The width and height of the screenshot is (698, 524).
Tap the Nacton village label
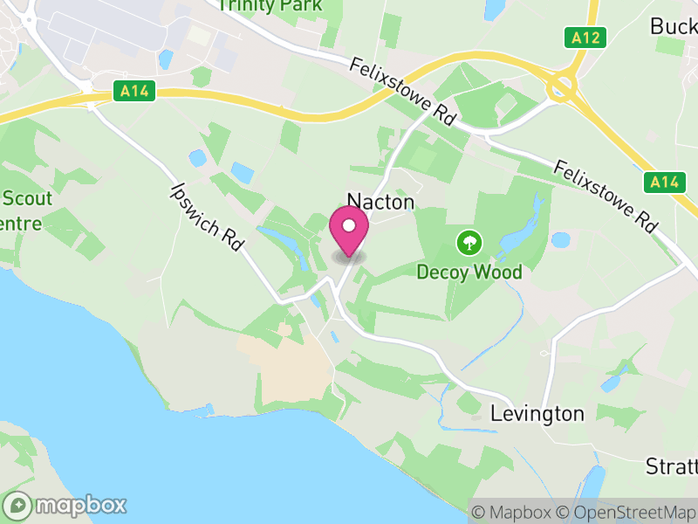[380, 202]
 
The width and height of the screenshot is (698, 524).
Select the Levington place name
[537, 413]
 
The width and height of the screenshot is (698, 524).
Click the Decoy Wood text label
[469, 272]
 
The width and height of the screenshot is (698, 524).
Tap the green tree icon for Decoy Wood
[469, 240]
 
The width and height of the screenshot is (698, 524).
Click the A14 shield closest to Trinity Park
[134, 90]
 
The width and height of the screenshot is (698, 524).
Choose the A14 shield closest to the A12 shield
[664, 182]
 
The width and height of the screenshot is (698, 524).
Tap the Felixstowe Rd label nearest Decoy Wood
[606, 196]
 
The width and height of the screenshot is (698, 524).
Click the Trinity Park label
[270, 5]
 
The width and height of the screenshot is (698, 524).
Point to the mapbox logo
[67, 506]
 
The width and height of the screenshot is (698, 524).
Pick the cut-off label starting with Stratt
[671, 465]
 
